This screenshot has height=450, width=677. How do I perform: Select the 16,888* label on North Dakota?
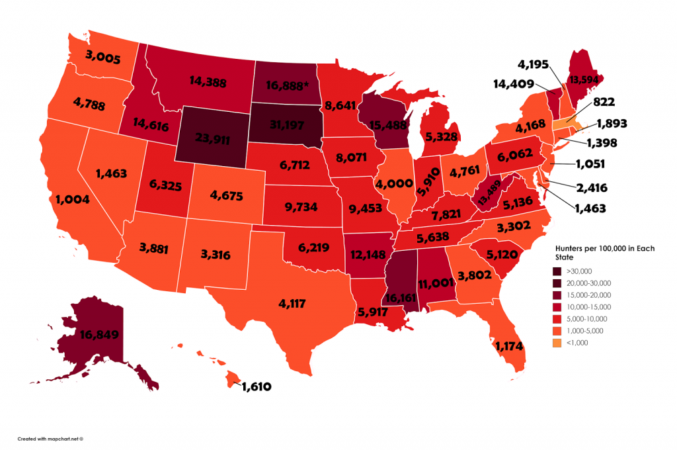284,86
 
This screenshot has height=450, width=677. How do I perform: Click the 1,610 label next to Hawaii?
256,385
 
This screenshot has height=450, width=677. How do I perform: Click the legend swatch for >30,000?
559,271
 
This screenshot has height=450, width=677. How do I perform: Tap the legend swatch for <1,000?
559,343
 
